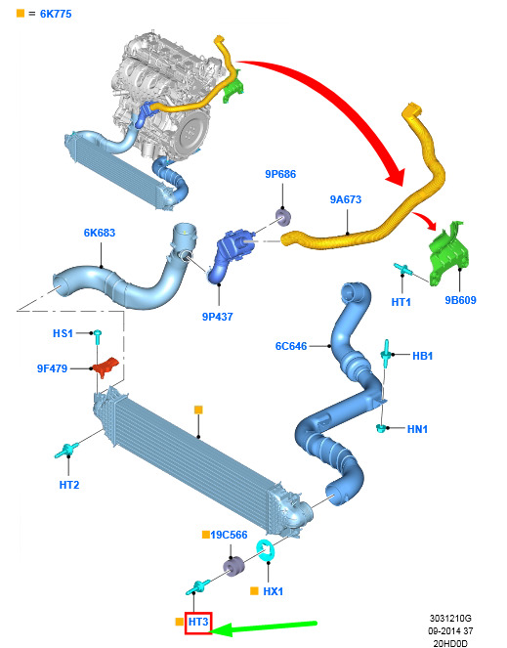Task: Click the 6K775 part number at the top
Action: click(56, 14)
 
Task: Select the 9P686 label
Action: click(280, 174)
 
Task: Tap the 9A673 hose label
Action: click(346, 199)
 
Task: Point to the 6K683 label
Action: click(100, 233)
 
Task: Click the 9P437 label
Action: click(217, 317)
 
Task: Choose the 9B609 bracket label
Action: click(460, 300)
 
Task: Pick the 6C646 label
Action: click(291, 346)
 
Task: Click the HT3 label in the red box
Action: click(198, 622)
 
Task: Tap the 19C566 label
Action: click(229, 535)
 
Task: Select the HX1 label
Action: click(274, 591)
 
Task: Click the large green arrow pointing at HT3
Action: click(265, 626)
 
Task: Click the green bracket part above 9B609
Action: click(448, 253)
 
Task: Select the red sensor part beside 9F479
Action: click(105, 367)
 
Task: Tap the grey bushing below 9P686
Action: click(283, 218)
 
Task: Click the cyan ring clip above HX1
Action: click(266, 551)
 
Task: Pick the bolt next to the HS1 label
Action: click(98, 336)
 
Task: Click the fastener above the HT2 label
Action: click(66, 451)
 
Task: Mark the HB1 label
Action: click(422, 356)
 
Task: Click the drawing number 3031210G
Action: click(450, 619)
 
